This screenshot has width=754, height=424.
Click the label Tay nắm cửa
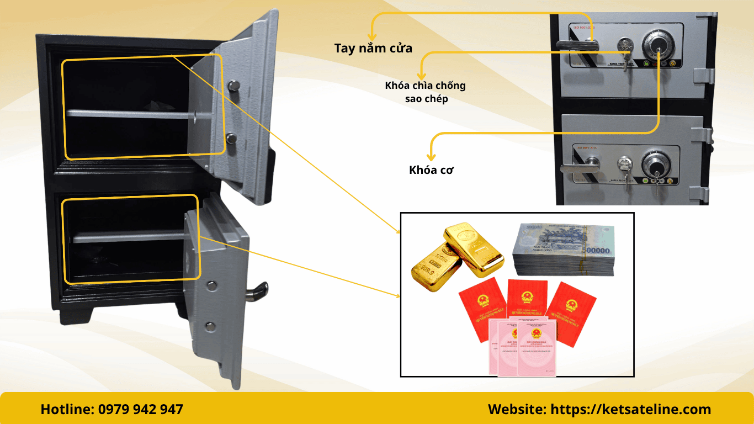[373, 48]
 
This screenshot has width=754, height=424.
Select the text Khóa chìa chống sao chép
[425, 92]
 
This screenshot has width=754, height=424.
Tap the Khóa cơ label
[431, 170]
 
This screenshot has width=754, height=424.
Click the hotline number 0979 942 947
[141, 409]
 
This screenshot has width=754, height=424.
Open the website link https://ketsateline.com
[630, 409]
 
